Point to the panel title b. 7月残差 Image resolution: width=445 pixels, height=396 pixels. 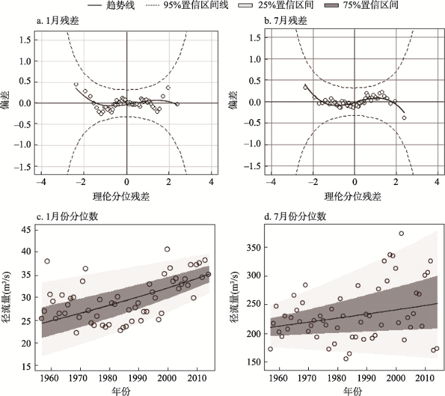point(286,22)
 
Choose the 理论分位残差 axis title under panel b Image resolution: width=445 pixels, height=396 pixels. point(355,197)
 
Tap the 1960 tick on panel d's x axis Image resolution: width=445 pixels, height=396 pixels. point(277,378)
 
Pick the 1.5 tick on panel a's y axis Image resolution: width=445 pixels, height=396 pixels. point(24,39)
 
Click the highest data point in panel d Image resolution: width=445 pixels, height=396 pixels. point(401,234)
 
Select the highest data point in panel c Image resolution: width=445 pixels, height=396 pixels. point(168,249)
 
